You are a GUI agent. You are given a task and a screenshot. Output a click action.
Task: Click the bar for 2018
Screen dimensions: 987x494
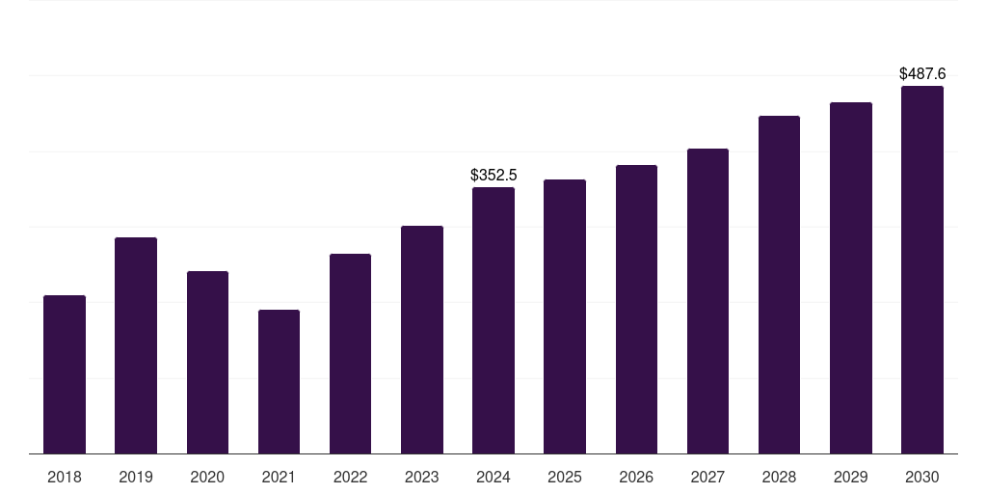(65, 374)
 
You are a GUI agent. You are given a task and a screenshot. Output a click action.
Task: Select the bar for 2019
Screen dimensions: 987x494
(136, 345)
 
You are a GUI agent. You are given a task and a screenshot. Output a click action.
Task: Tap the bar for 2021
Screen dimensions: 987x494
(279, 382)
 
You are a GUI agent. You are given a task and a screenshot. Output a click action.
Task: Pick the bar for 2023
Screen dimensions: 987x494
(422, 340)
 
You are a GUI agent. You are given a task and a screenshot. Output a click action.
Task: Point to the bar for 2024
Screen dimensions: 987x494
(493, 320)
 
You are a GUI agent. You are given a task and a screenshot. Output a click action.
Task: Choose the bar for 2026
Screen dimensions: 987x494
(636, 310)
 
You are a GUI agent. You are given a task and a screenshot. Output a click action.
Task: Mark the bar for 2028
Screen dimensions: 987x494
(779, 285)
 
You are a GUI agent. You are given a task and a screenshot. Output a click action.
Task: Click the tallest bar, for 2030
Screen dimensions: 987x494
(922, 270)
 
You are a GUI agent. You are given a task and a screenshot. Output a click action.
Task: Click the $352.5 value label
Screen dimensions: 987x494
(493, 176)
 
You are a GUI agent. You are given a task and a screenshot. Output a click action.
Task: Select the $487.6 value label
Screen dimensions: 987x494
(922, 73)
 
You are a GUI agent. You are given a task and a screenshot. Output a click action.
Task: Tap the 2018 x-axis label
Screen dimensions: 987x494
(65, 477)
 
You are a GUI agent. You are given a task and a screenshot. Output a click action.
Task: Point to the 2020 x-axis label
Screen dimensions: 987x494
(207, 477)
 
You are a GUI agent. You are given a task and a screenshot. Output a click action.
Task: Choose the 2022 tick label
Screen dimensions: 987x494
(350, 477)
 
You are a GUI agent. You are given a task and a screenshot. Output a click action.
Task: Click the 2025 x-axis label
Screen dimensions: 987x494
(565, 477)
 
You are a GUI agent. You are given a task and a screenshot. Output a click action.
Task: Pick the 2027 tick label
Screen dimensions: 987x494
(707, 477)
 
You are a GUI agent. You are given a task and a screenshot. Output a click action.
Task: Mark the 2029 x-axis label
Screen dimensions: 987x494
(850, 477)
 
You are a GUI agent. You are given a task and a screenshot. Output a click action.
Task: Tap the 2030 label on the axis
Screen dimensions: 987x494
(922, 477)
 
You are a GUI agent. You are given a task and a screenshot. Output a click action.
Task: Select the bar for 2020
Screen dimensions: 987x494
(207, 363)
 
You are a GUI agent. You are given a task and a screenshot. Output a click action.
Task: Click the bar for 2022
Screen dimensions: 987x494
(350, 353)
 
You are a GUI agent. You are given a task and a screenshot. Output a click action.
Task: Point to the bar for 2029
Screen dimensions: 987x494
(850, 278)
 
